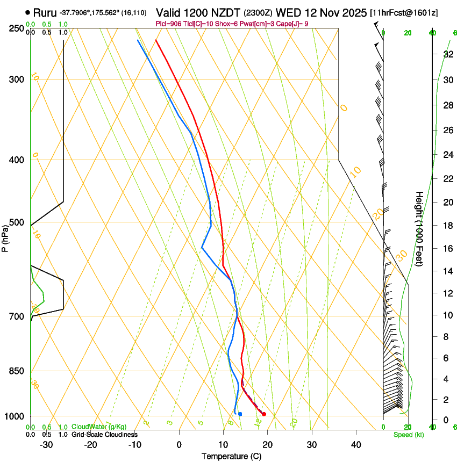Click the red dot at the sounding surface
[x=263, y=414]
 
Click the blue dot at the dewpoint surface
[x=240, y=414]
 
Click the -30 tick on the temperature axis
[x=46, y=445]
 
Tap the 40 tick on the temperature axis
[x=356, y=445]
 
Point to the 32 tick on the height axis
[x=447, y=54]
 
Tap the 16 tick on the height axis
[x=447, y=248]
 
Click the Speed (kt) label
[x=405, y=435]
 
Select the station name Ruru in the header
[x=45, y=12]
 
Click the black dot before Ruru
[x=27, y=12]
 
